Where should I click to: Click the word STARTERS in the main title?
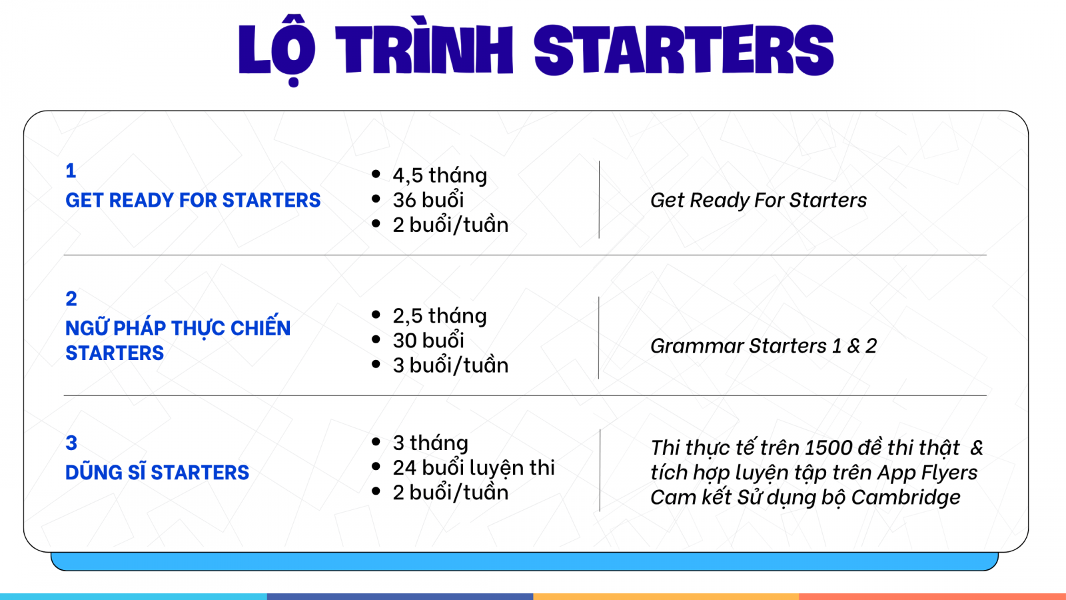[684, 51]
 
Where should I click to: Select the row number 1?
[71, 171]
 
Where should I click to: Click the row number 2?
[71, 299]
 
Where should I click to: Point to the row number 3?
[71, 443]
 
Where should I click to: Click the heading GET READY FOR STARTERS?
[193, 200]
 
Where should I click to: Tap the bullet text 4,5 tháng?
[440, 175]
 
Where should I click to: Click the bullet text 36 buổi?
[428, 199]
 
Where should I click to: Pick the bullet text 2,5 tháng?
[440, 316]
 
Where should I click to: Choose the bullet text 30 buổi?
[428, 340]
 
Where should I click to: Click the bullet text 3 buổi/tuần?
[450, 365]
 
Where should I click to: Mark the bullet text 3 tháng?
[430, 443]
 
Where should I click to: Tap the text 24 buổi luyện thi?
[474, 467]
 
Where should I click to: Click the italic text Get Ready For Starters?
[759, 200]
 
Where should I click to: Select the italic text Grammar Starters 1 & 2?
[764, 346]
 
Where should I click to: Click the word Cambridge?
[905, 497]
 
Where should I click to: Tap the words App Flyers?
[927, 473]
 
